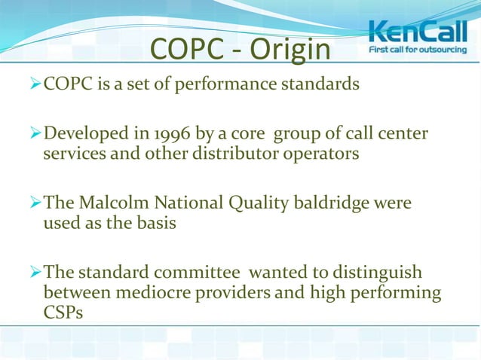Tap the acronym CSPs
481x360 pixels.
click(65, 310)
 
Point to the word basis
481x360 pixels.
click(152, 223)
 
